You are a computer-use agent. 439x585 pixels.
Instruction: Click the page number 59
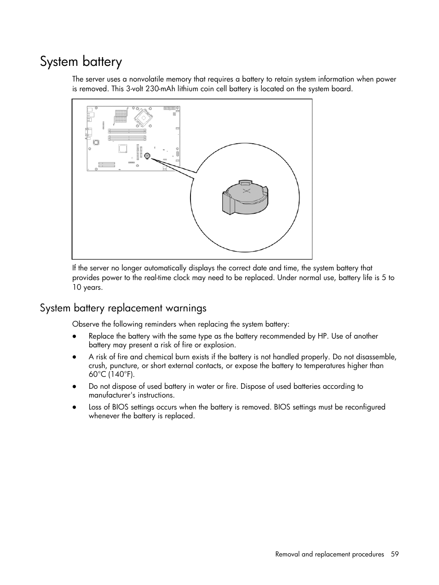(395, 554)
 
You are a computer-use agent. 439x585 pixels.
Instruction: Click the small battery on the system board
(147, 156)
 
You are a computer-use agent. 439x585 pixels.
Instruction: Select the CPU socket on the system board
(145, 117)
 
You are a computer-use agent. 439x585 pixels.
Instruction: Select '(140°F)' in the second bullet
(121, 374)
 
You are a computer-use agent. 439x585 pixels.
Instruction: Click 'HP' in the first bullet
(323, 336)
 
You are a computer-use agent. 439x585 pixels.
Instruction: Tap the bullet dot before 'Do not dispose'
(74, 387)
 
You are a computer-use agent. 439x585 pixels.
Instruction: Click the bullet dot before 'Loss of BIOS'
(74, 408)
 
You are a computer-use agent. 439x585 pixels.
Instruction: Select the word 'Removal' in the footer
(287, 554)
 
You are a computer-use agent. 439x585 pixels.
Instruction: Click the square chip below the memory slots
(123, 148)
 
